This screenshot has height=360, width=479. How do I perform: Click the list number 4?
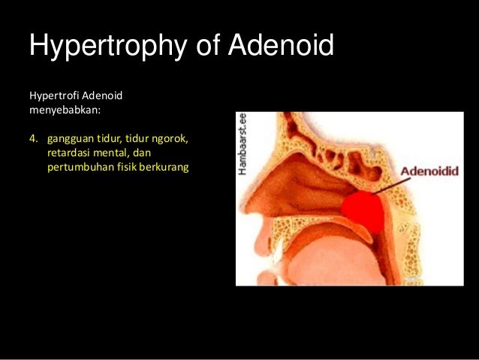point(33,139)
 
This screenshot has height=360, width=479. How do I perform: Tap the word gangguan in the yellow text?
point(69,140)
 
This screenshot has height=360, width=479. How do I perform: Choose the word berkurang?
point(167,166)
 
